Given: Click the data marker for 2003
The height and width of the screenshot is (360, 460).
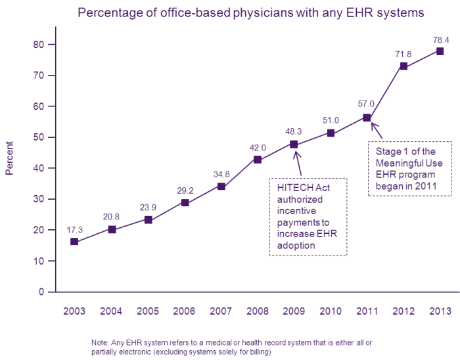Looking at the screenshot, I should pyautogui.click(x=74, y=242).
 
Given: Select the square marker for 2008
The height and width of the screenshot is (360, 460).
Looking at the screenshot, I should pyautogui.click(x=257, y=160).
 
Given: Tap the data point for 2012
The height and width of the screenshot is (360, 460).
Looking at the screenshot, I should pyautogui.click(x=403, y=66).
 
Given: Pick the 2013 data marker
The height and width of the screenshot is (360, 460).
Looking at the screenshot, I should pyautogui.click(x=440, y=51).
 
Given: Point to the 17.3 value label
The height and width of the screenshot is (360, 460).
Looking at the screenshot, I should pyautogui.click(x=75, y=231).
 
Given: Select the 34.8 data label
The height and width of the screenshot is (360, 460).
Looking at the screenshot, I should pyautogui.click(x=221, y=174).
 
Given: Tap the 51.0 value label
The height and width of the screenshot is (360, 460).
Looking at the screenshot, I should pyautogui.click(x=331, y=120).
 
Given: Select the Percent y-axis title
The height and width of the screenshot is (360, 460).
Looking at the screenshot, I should pyautogui.click(x=10, y=158).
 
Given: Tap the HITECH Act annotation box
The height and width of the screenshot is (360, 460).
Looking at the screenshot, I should pyautogui.click(x=308, y=216).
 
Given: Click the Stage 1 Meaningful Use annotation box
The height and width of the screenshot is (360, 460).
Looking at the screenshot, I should pyautogui.click(x=409, y=169).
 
